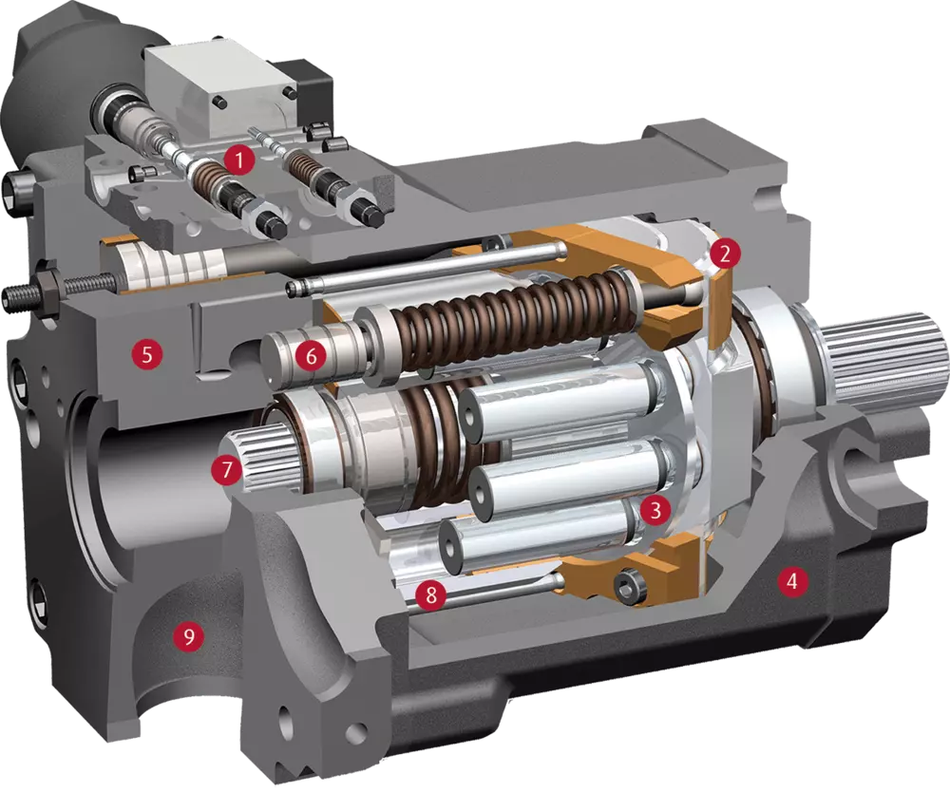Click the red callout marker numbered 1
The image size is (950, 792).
click(238, 160)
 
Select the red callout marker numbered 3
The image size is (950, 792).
click(655, 511)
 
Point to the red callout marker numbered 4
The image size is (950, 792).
click(791, 582)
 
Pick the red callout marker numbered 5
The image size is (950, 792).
click(147, 354)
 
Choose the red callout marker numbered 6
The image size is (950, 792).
click(312, 356)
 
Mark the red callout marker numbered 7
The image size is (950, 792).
click(227, 470)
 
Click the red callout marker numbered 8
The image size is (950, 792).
click(430, 594)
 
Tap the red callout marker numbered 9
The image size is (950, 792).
click(188, 636)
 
